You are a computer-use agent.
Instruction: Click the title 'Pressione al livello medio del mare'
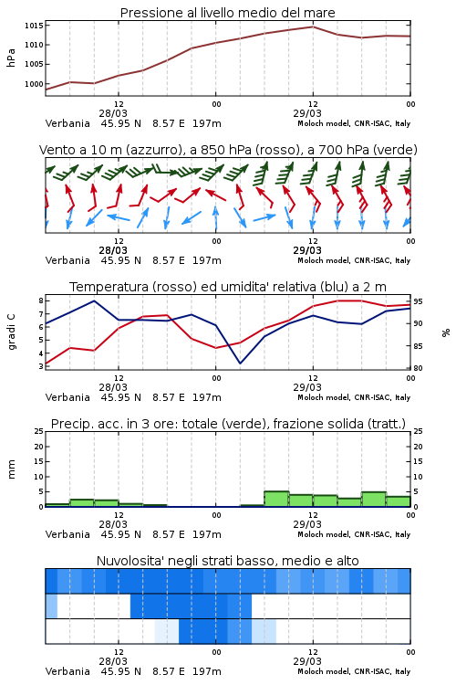tap(227, 13)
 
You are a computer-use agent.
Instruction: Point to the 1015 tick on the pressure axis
tap(34, 26)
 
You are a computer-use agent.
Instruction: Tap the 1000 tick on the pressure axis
tap(34, 84)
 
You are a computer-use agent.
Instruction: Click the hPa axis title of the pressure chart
tap(11, 58)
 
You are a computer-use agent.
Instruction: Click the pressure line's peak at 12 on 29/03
tap(313, 26)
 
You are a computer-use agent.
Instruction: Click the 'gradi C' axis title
tap(11, 332)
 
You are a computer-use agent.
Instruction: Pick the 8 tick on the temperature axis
tap(41, 300)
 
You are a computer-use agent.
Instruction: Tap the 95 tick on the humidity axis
tap(418, 301)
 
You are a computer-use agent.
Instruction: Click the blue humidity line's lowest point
tap(240, 363)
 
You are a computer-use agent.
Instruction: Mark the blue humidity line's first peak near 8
tap(94, 300)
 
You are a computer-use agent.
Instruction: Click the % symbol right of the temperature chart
tap(446, 332)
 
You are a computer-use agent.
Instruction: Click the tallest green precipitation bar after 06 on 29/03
tap(276, 499)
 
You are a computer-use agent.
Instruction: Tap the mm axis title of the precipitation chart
tap(11, 469)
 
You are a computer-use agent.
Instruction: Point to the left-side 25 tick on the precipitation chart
tap(39, 431)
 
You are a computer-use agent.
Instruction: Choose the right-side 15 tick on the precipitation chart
tap(418, 461)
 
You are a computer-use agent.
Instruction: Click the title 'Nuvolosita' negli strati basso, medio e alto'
tap(228, 561)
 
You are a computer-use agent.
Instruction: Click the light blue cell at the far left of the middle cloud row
tap(51, 606)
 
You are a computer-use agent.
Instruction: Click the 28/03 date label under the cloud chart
tap(113, 661)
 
